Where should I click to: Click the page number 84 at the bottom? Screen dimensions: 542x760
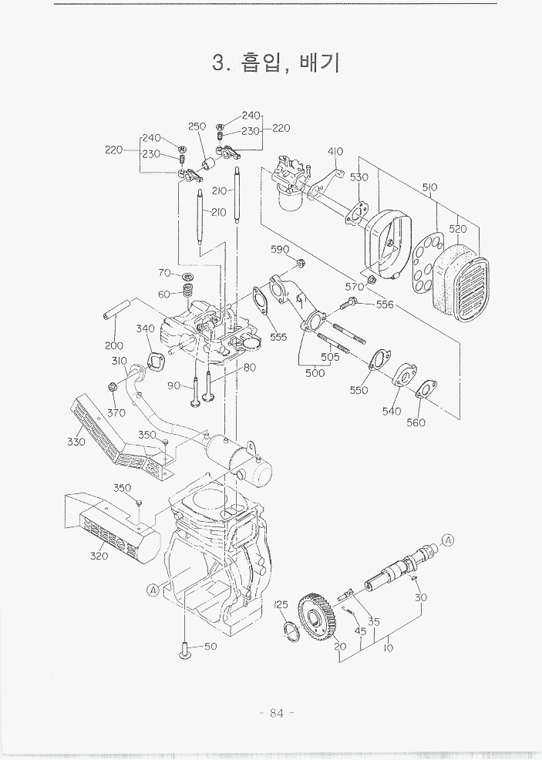[x=276, y=713]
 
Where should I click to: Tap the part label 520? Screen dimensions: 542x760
[x=458, y=229]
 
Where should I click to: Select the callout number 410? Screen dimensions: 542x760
[x=335, y=151]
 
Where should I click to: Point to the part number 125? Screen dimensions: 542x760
[x=281, y=604]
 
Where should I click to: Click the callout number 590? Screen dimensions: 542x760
[x=280, y=249]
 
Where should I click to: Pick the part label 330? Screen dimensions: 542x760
[x=76, y=442]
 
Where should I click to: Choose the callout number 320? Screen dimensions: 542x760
[x=99, y=556]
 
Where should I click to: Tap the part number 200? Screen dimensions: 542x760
[x=114, y=345]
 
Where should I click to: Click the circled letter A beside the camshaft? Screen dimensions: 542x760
[x=448, y=540]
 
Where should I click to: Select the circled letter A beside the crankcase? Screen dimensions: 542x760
[x=153, y=590]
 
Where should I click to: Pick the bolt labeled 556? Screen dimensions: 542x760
[x=350, y=304]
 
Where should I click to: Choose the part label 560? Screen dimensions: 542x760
[x=416, y=422]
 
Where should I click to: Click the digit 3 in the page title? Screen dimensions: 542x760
[x=218, y=62]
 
